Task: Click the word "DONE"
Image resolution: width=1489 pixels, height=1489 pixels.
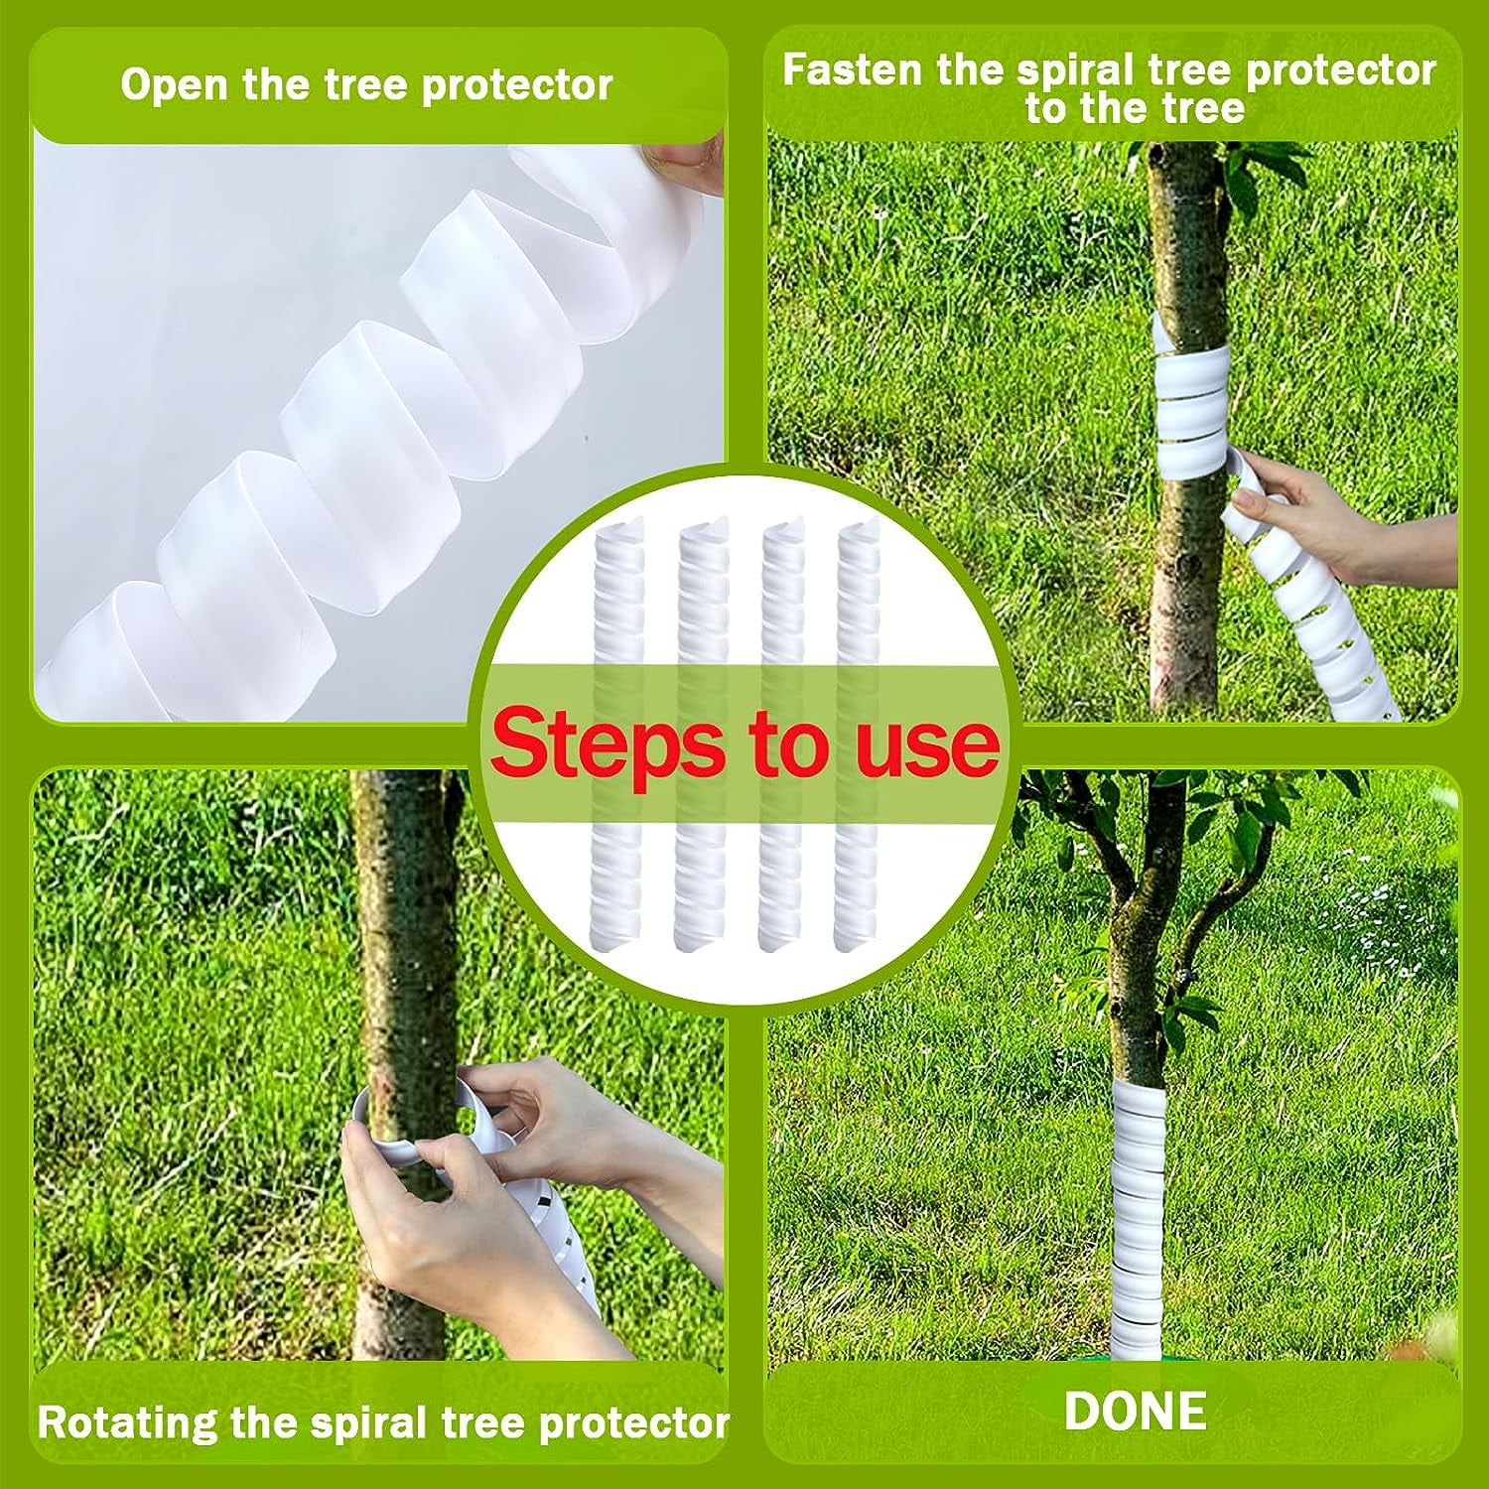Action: click(1136, 1411)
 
